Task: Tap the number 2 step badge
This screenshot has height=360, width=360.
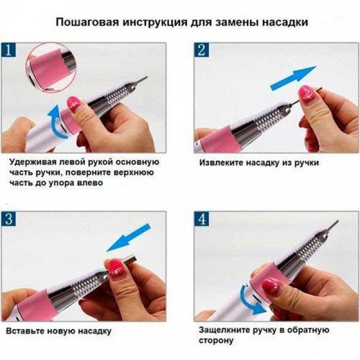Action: pos(202,52)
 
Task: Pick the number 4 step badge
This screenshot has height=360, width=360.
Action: pos(202,220)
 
